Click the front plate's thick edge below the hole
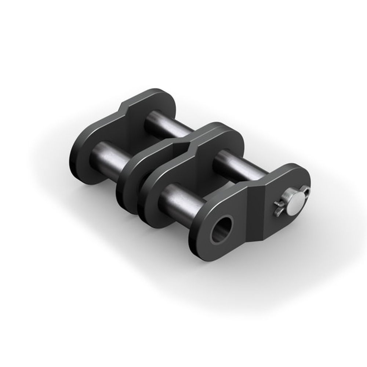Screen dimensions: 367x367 click(206, 253)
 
